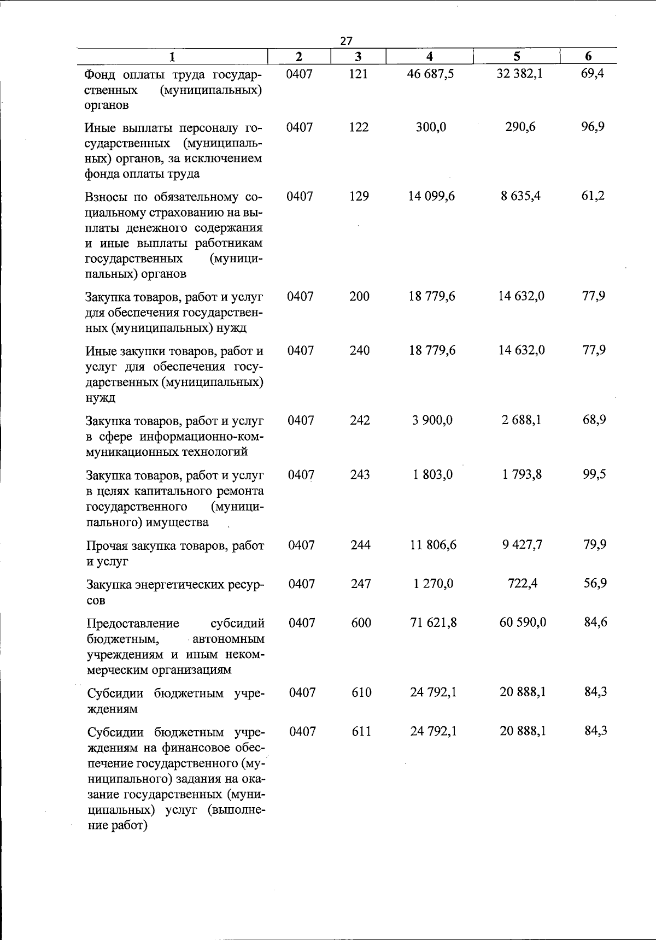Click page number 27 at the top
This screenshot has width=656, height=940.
tap(346, 40)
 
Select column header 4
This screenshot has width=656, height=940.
tap(430, 56)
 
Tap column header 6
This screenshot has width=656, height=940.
tap(588, 56)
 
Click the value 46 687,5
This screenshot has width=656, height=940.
tap(431, 74)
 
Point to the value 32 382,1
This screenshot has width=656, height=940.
tap(519, 74)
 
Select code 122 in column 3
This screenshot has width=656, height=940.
tap(359, 127)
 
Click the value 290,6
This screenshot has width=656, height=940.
tap(520, 127)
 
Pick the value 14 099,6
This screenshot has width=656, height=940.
tap(431, 196)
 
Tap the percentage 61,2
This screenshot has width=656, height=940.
tap(593, 196)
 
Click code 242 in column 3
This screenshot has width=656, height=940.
tap(360, 420)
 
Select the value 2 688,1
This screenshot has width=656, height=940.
tap(522, 420)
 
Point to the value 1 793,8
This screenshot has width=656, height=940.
tap(522, 474)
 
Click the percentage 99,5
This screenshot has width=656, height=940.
tap(594, 474)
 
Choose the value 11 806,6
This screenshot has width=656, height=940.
tap(433, 545)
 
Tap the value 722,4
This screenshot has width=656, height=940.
tap(522, 584)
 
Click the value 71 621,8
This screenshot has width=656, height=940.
tap(434, 622)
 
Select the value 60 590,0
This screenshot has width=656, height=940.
tap(523, 622)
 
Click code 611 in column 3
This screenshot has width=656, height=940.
tap(361, 731)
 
